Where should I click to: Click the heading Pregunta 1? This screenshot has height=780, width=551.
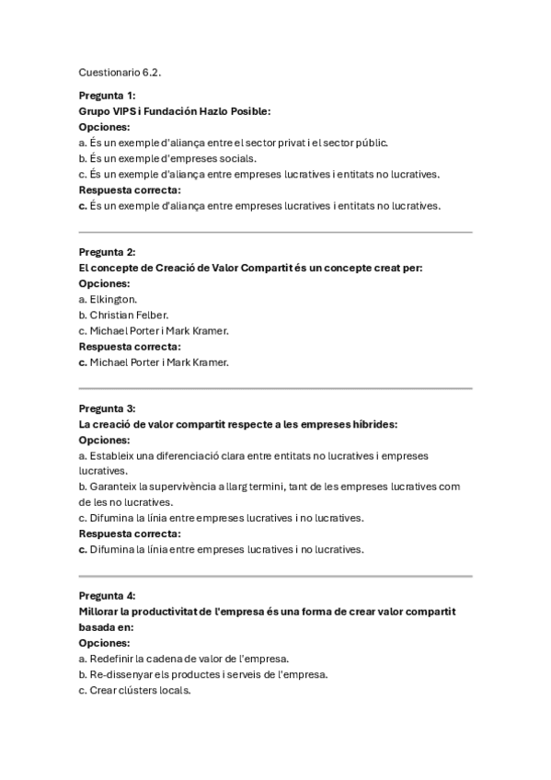(107, 96)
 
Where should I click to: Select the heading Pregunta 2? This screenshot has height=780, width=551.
(107, 252)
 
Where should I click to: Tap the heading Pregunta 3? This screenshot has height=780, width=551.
(107, 408)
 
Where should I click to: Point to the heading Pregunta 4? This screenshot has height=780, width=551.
(107, 596)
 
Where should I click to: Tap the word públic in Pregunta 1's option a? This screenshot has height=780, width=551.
(371, 143)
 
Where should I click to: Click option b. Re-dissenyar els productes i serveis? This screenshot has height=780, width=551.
(202, 674)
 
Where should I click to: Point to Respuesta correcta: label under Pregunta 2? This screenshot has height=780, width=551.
(130, 346)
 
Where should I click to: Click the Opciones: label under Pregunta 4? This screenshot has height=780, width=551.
(104, 643)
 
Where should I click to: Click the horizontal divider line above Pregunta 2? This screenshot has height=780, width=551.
(275, 232)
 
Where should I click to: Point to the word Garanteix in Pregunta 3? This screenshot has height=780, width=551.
(114, 487)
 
